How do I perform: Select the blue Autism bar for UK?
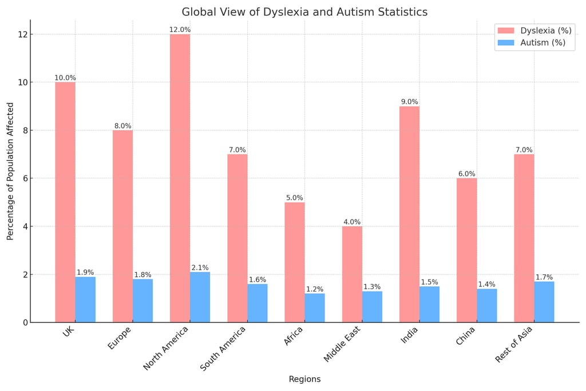pyautogui.click(x=85, y=300)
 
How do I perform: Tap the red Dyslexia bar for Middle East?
pyautogui.click(x=352, y=274)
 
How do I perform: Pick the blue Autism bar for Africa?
pyautogui.click(x=315, y=308)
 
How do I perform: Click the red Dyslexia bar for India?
pyautogui.click(x=409, y=214)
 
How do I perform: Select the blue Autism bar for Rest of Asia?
pyautogui.click(x=544, y=302)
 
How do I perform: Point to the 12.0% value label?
pyautogui.click(x=180, y=30)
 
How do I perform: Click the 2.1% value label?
pyautogui.click(x=200, y=268)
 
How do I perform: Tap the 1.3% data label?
pyautogui.click(x=372, y=287)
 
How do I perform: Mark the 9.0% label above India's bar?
pyautogui.click(x=409, y=102)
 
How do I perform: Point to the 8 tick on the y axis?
pyautogui.click(x=23, y=130)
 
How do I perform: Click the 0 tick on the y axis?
pyautogui.click(x=23, y=322)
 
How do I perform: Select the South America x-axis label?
pyautogui.click(x=224, y=348)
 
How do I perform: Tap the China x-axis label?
pyautogui.click(x=465, y=336)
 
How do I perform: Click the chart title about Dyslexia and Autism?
pyautogui.click(x=304, y=12)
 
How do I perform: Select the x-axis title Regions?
pyautogui.click(x=304, y=379)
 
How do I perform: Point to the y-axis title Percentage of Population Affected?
pyautogui.click(x=10, y=171)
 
